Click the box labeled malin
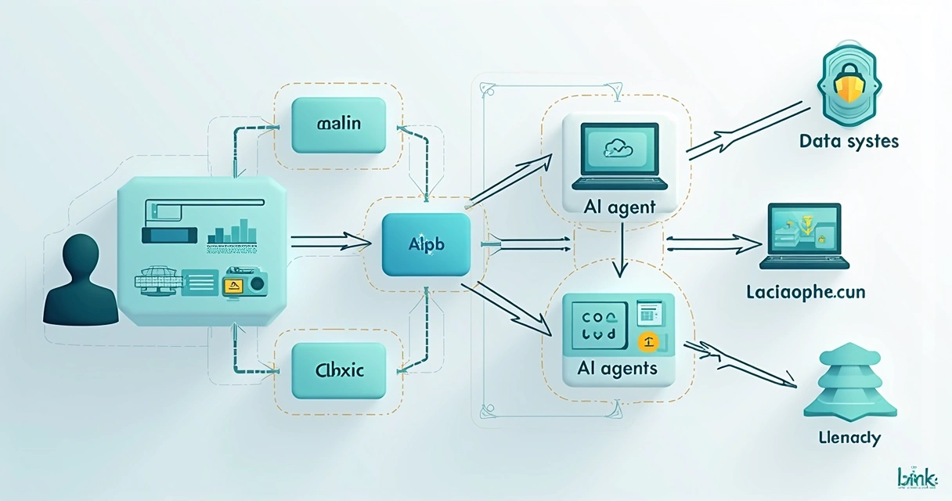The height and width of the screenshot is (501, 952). (338, 125)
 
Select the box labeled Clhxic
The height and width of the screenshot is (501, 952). (338, 370)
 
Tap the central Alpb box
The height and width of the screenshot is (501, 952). (426, 244)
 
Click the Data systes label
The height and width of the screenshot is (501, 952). (849, 142)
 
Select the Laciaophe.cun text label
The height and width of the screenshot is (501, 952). (806, 294)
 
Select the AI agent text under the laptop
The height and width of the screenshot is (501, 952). (618, 207)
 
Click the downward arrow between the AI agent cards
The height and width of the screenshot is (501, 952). (620, 250)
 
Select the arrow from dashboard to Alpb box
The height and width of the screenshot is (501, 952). (329, 243)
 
